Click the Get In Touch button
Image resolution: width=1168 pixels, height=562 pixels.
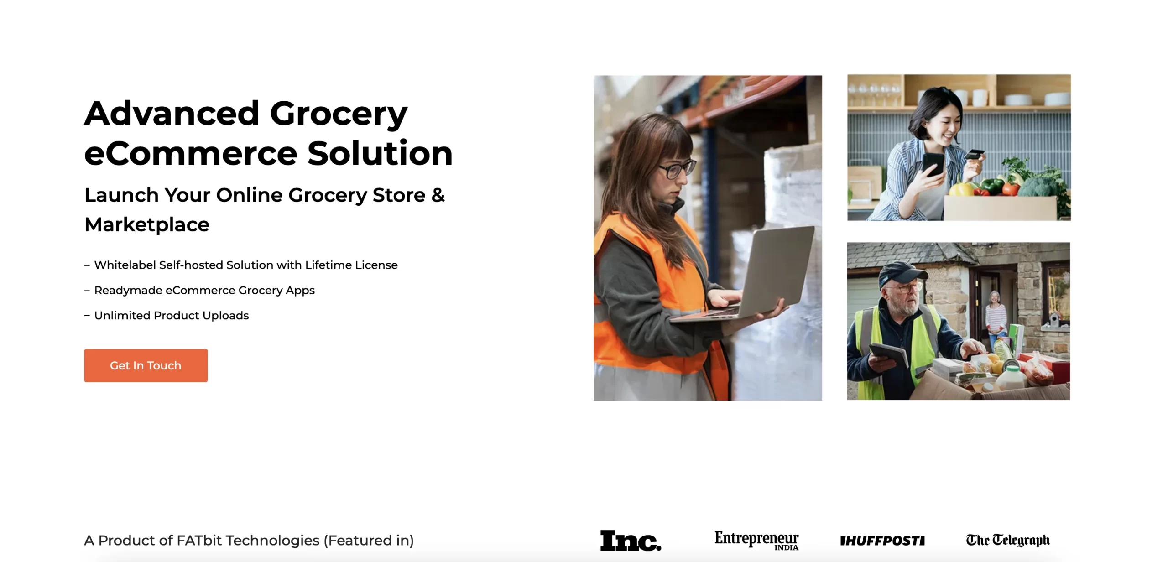click(x=146, y=365)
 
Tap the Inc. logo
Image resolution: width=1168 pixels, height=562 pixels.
click(x=631, y=541)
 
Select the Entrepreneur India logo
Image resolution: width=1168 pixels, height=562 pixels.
click(x=756, y=541)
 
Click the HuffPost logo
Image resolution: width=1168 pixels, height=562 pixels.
click(x=882, y=541)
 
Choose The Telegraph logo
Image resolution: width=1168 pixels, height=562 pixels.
click(x=1007, y=540)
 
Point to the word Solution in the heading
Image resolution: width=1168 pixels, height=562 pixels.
click(x=380, y=153)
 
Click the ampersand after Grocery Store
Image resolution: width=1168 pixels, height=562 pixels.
click(x=438, y=195)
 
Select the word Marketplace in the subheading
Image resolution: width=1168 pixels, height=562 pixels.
click(x=147, y=224)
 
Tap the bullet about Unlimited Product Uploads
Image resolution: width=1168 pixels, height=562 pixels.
click(x=171, y=315)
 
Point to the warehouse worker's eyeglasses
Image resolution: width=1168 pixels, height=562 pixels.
click(x=677, y=169)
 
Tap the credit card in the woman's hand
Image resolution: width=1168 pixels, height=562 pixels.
click(x=975, y=154)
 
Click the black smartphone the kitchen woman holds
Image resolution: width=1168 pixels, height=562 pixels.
click(x=933, y=165)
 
